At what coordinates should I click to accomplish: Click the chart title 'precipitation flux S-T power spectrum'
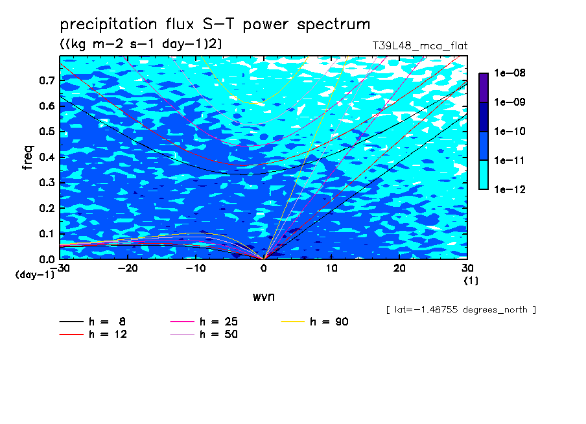(x=215, y=24)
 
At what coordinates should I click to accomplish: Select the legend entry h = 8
(x=92, y=322)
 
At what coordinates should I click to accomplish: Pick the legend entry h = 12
(x=93, y=334)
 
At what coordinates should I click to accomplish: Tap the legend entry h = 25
(x=204, y=322)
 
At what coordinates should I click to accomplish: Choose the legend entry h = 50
(x=204, y=334)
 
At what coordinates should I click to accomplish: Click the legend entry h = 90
(x=314, y=322)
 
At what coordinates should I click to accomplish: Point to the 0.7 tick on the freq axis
(x=47, y=80)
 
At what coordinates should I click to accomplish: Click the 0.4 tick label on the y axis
(x=47, y=157)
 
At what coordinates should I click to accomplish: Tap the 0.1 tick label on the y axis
(x=47, y=233)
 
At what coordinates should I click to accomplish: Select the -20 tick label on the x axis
(x=128, y=268)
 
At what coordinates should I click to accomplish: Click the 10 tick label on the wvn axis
(x=331, y=268)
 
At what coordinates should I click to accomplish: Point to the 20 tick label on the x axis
(x=399, y=268)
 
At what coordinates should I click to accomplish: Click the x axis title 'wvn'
(x=264, y=297)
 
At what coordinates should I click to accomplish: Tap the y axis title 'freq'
(x=28, y=158)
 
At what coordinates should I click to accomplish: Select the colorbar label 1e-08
(x=510, y=73)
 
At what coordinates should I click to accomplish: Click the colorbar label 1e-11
(x=510, y=160)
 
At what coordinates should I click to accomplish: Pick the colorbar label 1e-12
(x=510, y=189)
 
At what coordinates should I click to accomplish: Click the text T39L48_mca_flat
(x=420, y=45)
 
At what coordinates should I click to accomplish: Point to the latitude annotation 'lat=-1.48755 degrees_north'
(x=461, y=310)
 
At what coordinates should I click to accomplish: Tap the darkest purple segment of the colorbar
(x=484, y=88)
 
